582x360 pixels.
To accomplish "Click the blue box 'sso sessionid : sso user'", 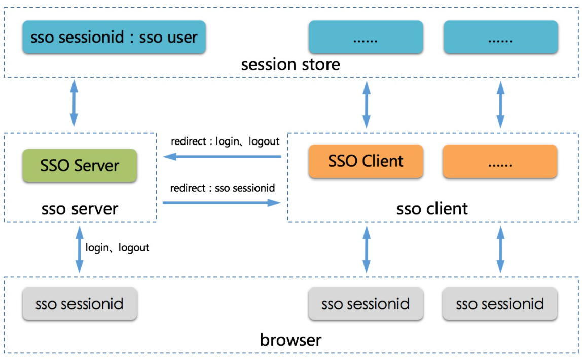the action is click(114, 37).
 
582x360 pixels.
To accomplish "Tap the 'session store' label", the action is click(290, 64).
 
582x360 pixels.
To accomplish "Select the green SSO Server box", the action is click(80, 165).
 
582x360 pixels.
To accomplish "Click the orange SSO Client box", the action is click(366, 161).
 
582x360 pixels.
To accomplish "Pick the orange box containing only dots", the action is click(500, 161).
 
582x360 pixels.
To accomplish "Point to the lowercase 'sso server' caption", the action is click(80, 209).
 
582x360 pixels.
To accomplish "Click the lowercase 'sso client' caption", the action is click(432, 209).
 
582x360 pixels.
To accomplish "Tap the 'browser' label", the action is click(290, 340).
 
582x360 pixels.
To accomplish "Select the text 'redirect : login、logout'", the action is click(225, 141).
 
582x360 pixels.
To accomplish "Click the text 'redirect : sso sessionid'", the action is click(223, 188).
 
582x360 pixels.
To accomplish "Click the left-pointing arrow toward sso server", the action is click(222, 157).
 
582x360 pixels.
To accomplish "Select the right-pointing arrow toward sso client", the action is click(222, 203).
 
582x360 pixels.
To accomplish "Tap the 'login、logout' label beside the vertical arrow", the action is click(117, 247).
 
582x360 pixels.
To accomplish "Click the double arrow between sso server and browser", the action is click(80, 249).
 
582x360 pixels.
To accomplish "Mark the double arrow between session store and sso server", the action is click(74, 103).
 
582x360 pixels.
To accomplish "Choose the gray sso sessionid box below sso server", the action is click(80, 304).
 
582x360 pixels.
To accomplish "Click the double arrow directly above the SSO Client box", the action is click(367, 104).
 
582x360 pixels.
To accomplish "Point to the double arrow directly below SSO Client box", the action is click(367, 249).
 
